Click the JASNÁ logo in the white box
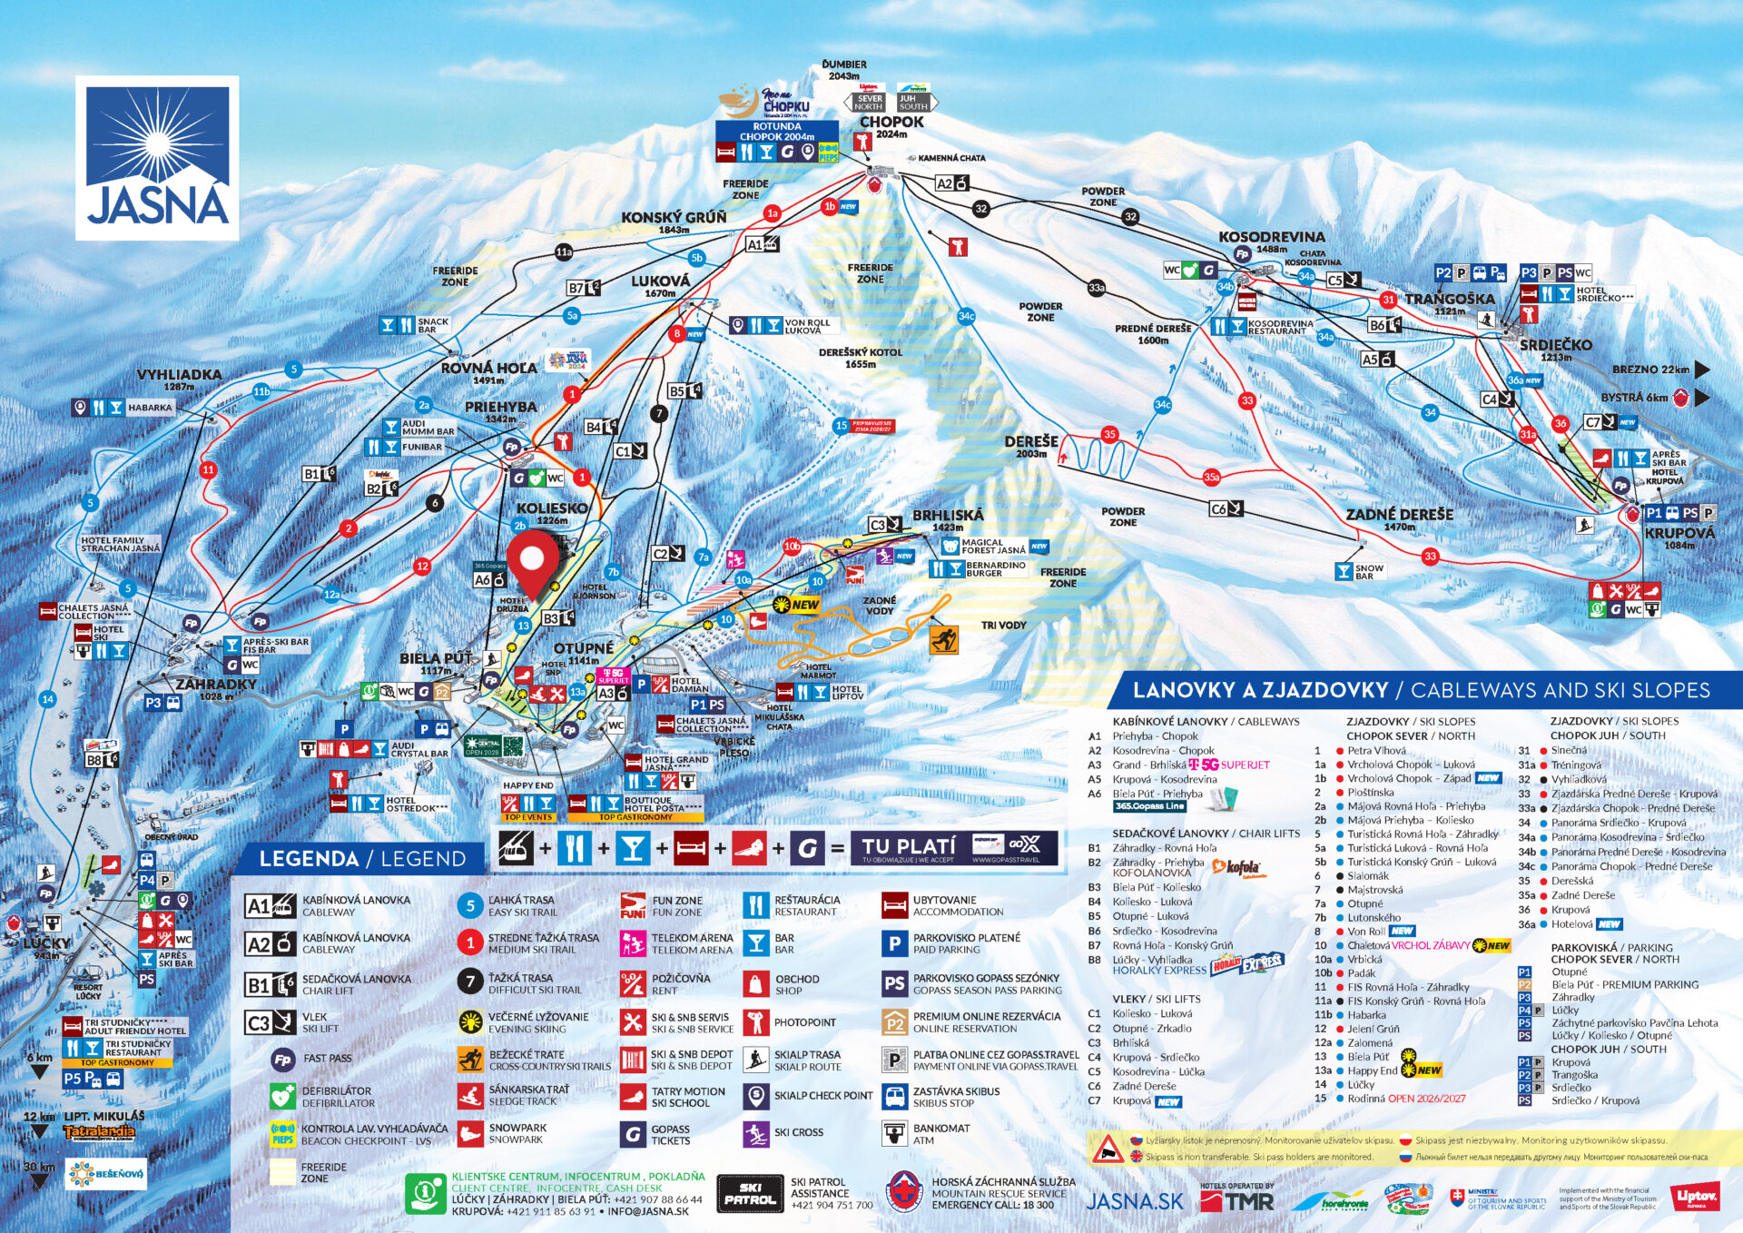click(x=157, y=157)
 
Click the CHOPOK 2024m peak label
click(x=891, y=126)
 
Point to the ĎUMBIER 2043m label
click(x=844, y=70)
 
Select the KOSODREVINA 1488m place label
click(x=1271, y=241)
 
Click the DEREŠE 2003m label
click(x=1031, y=445)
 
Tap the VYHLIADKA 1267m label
click(x=179, y=379)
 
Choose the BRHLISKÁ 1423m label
click(x=948, y=519)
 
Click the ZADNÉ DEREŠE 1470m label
click(x=1399, y=518)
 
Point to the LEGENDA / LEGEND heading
click(x=361, y=859)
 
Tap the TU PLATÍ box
click(x=953, y=848)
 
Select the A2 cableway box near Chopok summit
click(x=952, y=183)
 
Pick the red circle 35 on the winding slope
click(x=1109, y=434)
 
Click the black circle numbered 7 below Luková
click(x=659, y=413)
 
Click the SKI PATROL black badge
click(x=750, y=1193)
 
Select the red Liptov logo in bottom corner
click(x=1697, y=1198)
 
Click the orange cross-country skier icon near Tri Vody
click(x=943, y=640)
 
